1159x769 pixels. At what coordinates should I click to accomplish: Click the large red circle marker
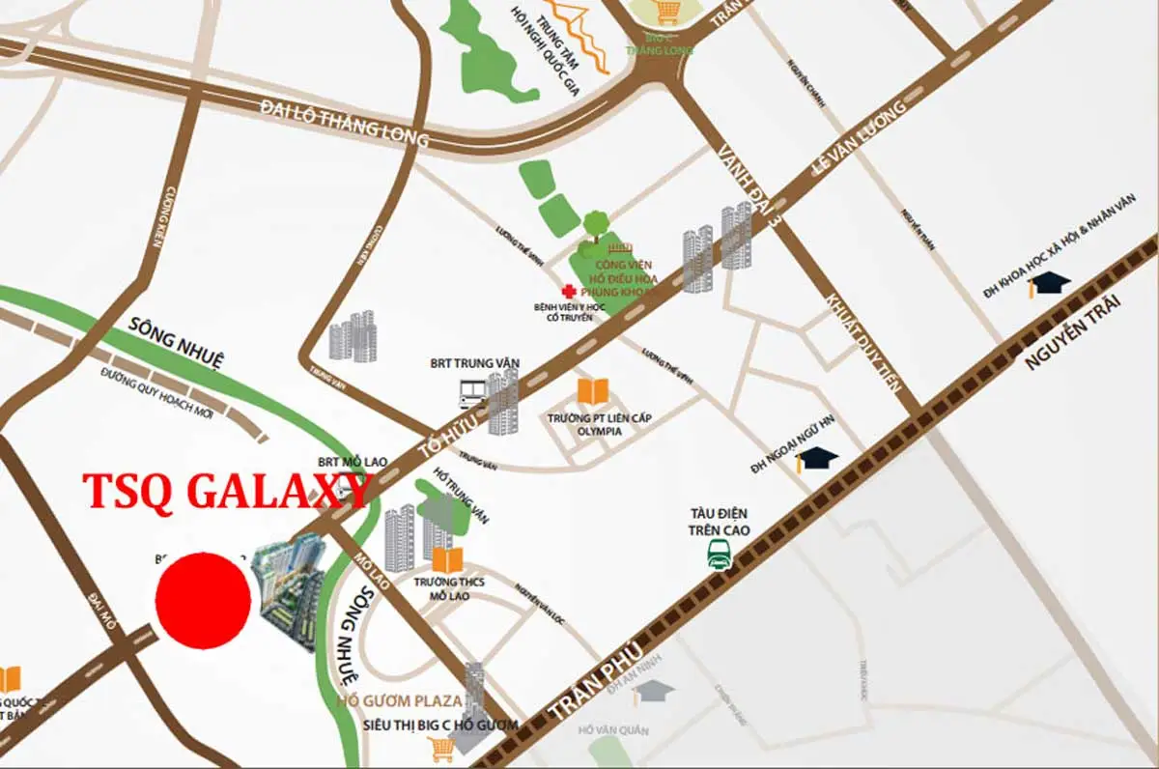point(203,600)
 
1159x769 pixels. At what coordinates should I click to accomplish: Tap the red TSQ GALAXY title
point(228,492)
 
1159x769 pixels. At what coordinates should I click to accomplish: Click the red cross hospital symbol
point(567,290)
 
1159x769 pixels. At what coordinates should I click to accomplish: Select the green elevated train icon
point(719,555)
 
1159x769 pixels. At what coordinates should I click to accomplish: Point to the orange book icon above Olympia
point(593,391)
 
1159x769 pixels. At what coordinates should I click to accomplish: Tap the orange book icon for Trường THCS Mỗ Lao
point(447,559)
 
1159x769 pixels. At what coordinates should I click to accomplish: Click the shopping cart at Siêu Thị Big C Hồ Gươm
point(442,748)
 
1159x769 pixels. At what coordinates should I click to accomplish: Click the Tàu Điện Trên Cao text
point(718,521)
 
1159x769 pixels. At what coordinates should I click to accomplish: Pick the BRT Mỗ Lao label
point(353,463)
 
